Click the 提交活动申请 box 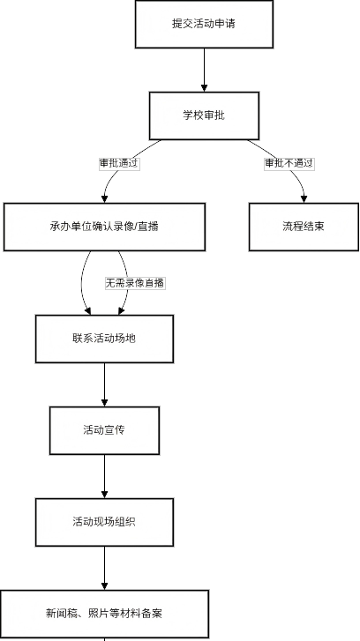[x=204, y=24]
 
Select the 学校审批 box [x=204, y=116]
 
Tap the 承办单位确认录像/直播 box [x=104, y=227]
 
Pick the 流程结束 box [x=304, y=227]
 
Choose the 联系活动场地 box [x=104, y=339]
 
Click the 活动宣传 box [x=104, y=430]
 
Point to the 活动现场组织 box [x=104, y=522]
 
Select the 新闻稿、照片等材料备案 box [x=104, y=614]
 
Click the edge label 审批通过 [x=119, y=164]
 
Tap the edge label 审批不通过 [x=289, y=164]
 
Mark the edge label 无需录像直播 [x=135, y=283]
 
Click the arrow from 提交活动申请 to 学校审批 [x=204, y=70]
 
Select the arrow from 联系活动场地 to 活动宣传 [x=104, y=384]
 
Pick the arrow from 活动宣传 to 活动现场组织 [x=104, y=476]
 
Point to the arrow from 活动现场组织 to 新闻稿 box [x=104, y=568]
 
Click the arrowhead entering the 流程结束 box [x=304, y=199]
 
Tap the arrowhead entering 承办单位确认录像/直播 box [x=104, y=199]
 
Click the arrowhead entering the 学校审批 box [x=204, y=88]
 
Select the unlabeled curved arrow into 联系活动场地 [x=81, y=283]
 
